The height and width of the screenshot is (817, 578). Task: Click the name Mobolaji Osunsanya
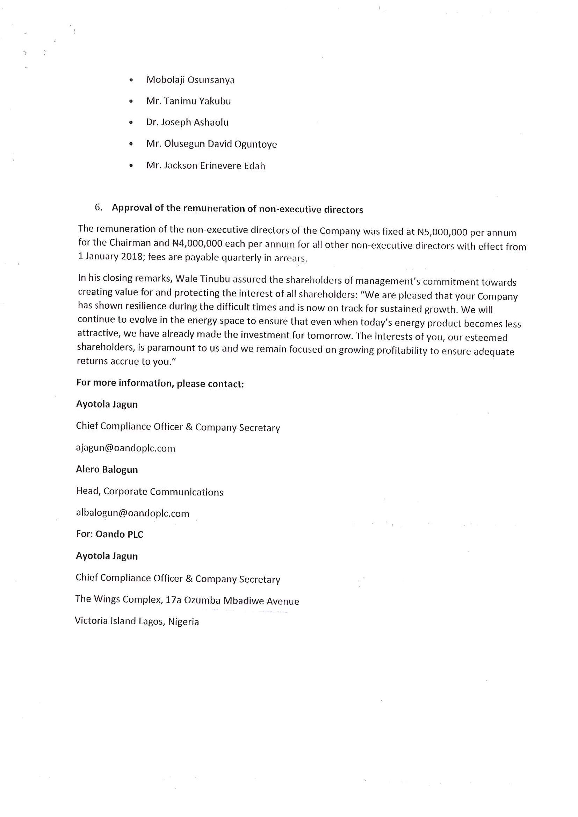click(x=190, y=80)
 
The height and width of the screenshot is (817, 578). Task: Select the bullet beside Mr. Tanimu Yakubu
click(x=131, y=102)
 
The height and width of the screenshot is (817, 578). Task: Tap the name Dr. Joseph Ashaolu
click(x=187, y=123)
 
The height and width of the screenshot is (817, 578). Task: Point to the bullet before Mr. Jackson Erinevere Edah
click(x=131, y=166)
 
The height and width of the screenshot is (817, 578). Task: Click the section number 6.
click(x=98, y=207)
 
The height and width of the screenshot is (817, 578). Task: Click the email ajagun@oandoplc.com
click(x=125, y=448)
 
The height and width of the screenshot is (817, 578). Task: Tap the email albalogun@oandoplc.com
click(x=132, y=513)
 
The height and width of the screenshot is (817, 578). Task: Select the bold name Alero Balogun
click(x=107, y=470)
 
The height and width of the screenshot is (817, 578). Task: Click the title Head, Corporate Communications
click(x=150, y=491)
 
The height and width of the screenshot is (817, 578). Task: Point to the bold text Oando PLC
click(x=119, y=535)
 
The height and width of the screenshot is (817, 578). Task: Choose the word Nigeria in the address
click(x=183, y=621)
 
